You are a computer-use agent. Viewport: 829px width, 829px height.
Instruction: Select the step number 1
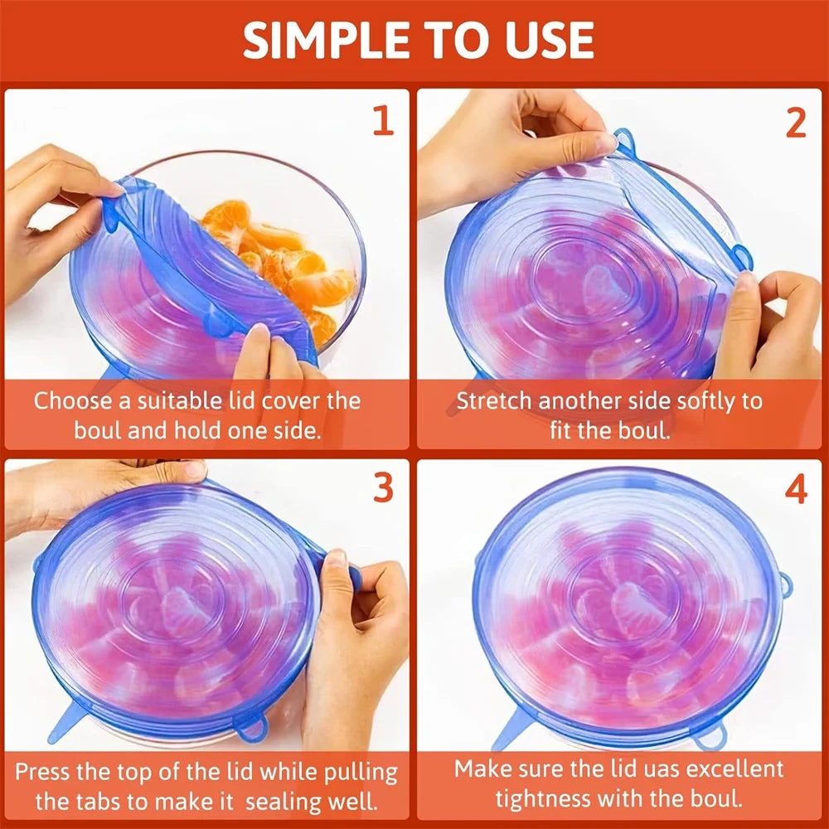pyautogui.click(x=382, y=121)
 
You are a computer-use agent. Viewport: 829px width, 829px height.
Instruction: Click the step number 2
pyautogui.click(x=796, y=123)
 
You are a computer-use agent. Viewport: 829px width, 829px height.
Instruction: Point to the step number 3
pyautogui.click(x=382, y=489)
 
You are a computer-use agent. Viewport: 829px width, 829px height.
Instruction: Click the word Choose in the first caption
pyautogui.click(x=73, y=401)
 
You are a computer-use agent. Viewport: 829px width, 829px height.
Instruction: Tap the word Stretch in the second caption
pyautogui.click(x=495, y=401)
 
